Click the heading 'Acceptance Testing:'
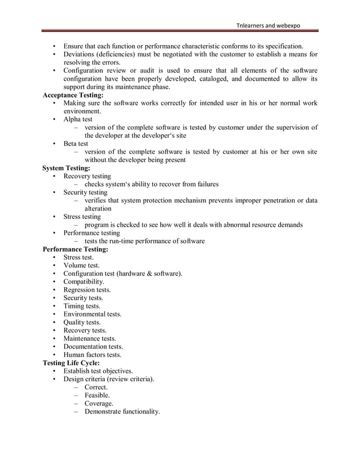click(x=73, y=95)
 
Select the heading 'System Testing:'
click(x=66, y=168)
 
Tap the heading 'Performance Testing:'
click(x=76, y=249)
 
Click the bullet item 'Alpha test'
click(x=78, y=120)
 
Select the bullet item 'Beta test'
click(x=76, y=144)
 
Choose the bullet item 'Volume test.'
click(x=81, y=265)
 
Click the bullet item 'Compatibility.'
click(x=84, y=282)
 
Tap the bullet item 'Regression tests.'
click(x=87, y=290)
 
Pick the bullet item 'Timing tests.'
click(x=82, y=306)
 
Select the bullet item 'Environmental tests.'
click(x=92, y=314)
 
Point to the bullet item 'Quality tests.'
click(x=82, y=322)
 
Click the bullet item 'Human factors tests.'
click(x=92, y=355)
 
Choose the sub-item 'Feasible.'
click(x=97, y=395)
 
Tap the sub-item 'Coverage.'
click(x=99, y=403)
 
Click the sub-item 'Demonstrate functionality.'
click(x=122, y=412)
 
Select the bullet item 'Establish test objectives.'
click(x=98, y=371)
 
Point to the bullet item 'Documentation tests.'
click(x=93, y=346)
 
